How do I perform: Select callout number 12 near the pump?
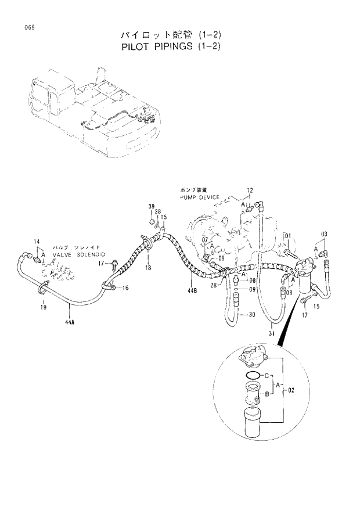point(250,190)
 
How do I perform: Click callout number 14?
point(36,242)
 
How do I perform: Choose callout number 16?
point(125,288)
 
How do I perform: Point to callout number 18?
point(148,267)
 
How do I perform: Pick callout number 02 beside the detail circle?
point(291,390)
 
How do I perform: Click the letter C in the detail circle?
point(268,375)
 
